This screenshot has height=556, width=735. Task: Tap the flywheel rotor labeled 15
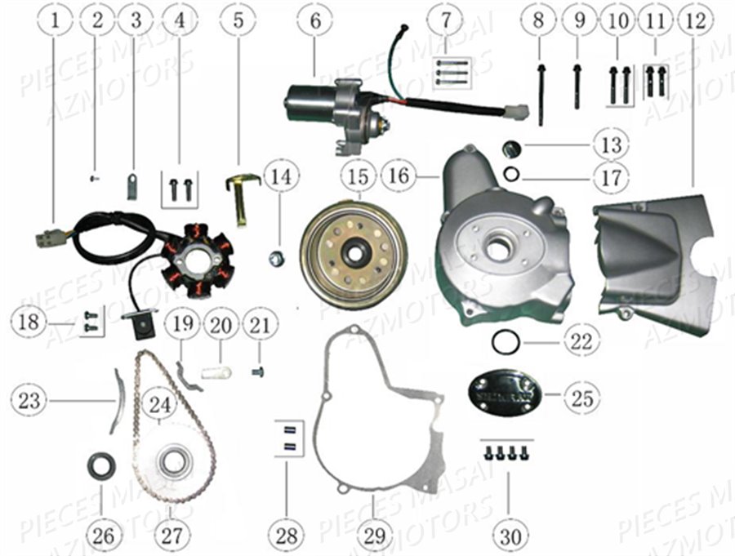[354, 252]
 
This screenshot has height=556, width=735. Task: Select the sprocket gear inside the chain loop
[174, 462]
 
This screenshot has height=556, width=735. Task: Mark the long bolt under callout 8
[540, 94]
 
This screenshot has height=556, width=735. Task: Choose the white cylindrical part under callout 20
[218, 374]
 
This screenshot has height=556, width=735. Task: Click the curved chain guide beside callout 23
[117, 400]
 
